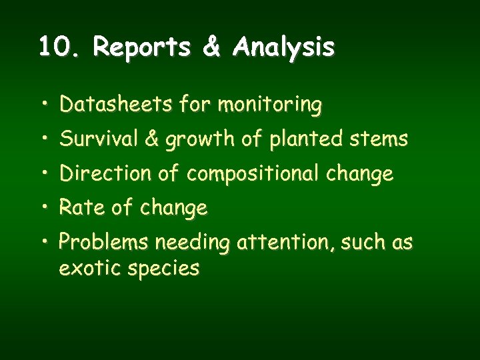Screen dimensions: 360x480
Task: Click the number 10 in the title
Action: (x=51, y=47)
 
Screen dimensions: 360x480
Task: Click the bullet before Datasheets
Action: (x=43, y=105)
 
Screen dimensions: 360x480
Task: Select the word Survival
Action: (x=97, y=139)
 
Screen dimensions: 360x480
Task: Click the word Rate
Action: (x=81, y=209)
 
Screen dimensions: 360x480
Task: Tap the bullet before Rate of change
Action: (x=43, y=209)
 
